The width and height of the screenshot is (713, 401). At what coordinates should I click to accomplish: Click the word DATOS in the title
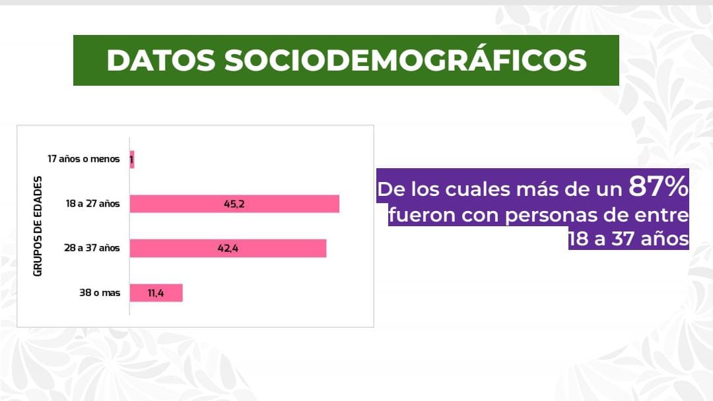(x=161, y=61)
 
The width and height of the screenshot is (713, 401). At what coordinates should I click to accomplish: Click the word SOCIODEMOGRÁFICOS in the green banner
(x=405, y=59)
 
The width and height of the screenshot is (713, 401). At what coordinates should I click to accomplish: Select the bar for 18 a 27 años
(x=234, y=204)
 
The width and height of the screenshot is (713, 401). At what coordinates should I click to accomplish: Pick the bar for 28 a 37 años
(x=228, y=249)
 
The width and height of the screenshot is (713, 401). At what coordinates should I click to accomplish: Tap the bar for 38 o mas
(x=156, y=293)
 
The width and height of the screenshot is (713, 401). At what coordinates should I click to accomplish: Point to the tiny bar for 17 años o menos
(x=132, y=160)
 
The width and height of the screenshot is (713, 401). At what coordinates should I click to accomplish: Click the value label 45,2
(x=234, y=204)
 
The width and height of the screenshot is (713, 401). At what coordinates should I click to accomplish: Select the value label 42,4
(x=228, y=249)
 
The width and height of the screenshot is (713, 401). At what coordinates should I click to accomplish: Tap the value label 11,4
(x=156, y=293)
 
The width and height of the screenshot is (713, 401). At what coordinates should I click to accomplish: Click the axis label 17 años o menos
(x=84, y=159)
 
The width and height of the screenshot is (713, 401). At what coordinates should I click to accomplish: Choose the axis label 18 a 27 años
(x=93, y=203)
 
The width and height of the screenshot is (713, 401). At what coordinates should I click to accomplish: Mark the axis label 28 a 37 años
(x=92, y=248)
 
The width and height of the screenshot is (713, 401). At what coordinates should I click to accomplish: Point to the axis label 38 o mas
(x=100, y=292)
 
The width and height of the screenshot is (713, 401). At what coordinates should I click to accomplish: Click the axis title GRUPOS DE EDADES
(x=38, y=226)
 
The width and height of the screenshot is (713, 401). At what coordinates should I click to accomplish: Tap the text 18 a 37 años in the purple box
(x=629, y=238)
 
